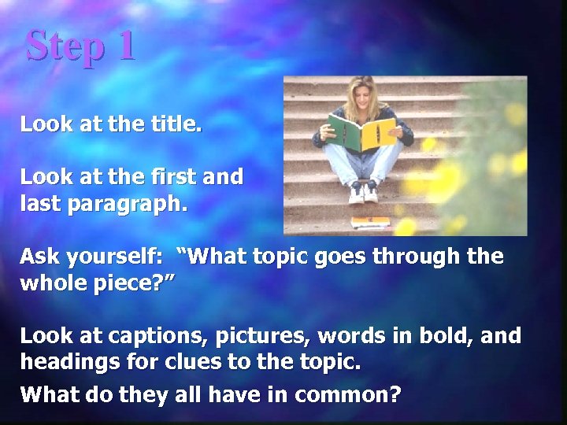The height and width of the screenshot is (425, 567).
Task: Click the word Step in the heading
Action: click(x=64, y=46)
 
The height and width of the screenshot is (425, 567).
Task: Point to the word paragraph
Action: click(x=128, y=205)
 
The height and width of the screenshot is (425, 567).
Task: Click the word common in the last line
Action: click(x=346, y=394)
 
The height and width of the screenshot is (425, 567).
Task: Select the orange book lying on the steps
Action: click(x=369, y=221)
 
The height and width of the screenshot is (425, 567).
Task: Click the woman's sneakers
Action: click(x=362, y=191)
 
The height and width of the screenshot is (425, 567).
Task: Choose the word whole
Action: click(x=54, y=283)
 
